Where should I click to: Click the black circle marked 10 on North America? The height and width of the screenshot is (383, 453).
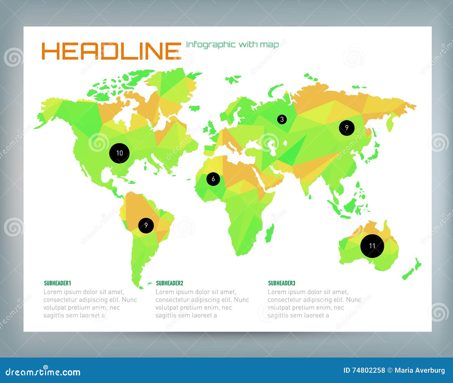[119, 153]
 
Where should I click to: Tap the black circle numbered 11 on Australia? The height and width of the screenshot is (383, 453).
[372, 246]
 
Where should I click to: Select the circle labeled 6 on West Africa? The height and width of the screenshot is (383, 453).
[213, 179]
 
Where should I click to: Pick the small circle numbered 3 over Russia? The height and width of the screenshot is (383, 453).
[282, 119]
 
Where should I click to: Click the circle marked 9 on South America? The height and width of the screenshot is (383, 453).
[146, 225]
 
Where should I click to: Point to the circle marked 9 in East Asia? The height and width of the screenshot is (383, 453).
[347, 128]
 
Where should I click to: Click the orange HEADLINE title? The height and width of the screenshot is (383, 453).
[111, 51]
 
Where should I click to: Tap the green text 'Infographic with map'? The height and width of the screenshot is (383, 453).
[232, 44]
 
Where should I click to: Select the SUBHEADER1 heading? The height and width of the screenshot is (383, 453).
[57, 283]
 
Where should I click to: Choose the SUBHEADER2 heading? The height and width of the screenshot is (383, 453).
[170, 283]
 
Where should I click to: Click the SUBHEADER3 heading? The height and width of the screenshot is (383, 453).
[282, 283]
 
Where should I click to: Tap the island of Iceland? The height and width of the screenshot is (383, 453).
[194, 108]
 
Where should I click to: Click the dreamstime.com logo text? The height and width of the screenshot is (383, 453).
[43, 372]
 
